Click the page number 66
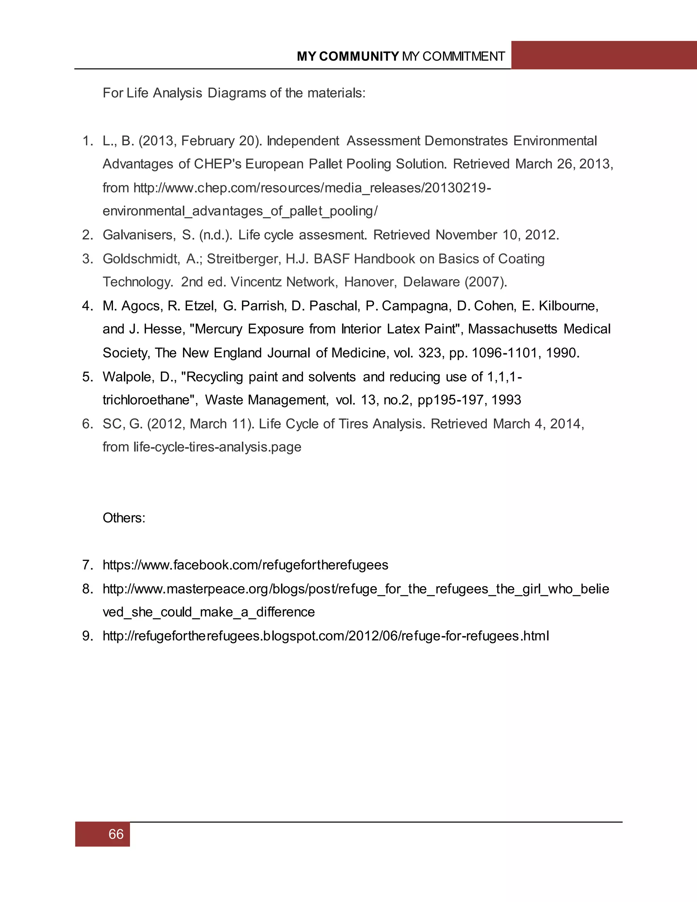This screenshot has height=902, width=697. click(x=116, y=834)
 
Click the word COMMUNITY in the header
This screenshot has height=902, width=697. click(x=358, y=56)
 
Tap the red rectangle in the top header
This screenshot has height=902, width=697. click(x=603, y=55)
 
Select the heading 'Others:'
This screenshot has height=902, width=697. click(x=124, y=518)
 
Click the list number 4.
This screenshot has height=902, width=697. click(x=87, y=306)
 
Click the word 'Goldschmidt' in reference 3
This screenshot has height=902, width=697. click(x=141, y=259)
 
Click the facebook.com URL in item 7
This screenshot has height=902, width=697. click(x=245, y=565)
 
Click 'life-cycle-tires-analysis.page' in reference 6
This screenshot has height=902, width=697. click(x=217, y=447)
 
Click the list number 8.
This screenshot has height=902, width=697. click(x=87, y=589)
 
